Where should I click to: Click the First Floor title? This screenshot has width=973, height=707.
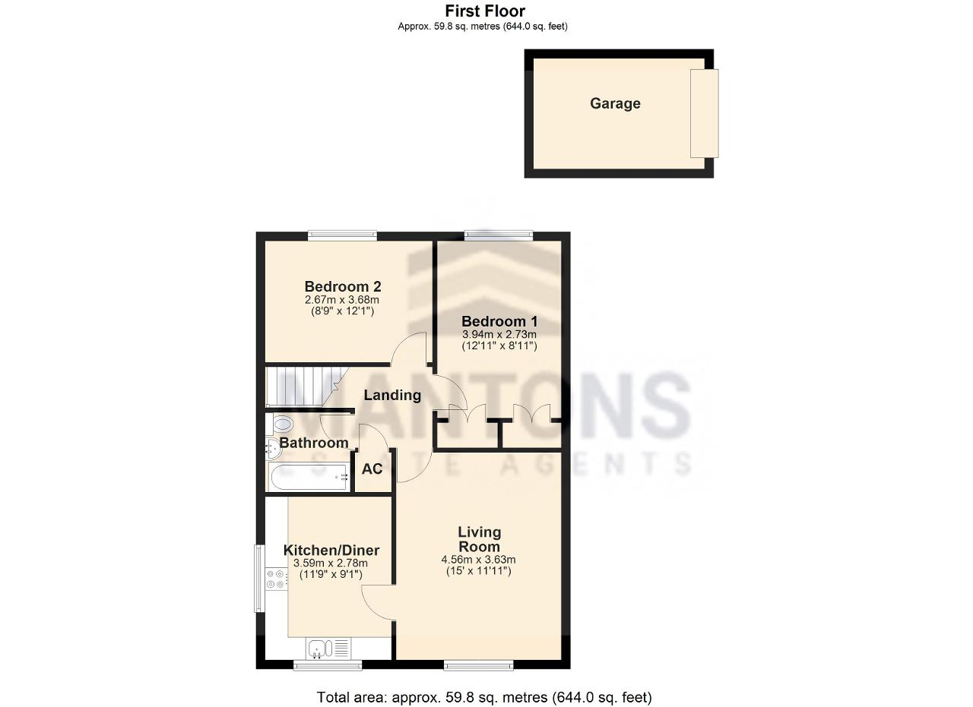point(485,11)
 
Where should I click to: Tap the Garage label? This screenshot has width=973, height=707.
point(615,103)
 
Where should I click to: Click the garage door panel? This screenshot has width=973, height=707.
point(704,113)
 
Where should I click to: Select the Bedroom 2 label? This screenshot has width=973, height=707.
point(343,286)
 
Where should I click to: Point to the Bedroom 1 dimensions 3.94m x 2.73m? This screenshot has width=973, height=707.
point(499,334)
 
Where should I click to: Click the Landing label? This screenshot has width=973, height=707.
point(392,395)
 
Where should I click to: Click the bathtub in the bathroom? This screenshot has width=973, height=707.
point(309,477)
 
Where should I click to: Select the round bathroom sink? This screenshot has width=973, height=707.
point(274,447)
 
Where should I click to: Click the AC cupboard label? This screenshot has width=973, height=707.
point(372,469)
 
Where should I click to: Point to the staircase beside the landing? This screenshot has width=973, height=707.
point(306,387)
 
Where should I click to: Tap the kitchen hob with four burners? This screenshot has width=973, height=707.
point(277,579)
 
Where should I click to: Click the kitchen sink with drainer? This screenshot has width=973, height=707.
point(328,649)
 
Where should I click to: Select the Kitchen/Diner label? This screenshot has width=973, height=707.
point(331,551)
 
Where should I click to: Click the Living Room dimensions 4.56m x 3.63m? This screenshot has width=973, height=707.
point(478,560)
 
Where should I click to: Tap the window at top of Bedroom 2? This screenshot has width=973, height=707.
point(343,236)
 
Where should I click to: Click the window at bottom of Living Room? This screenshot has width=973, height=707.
point(478,665)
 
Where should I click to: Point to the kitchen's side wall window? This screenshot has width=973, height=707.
point(259,578)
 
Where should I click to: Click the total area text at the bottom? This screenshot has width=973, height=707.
point(484,697)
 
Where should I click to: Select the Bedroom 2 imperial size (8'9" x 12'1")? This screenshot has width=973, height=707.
point(343,311)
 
